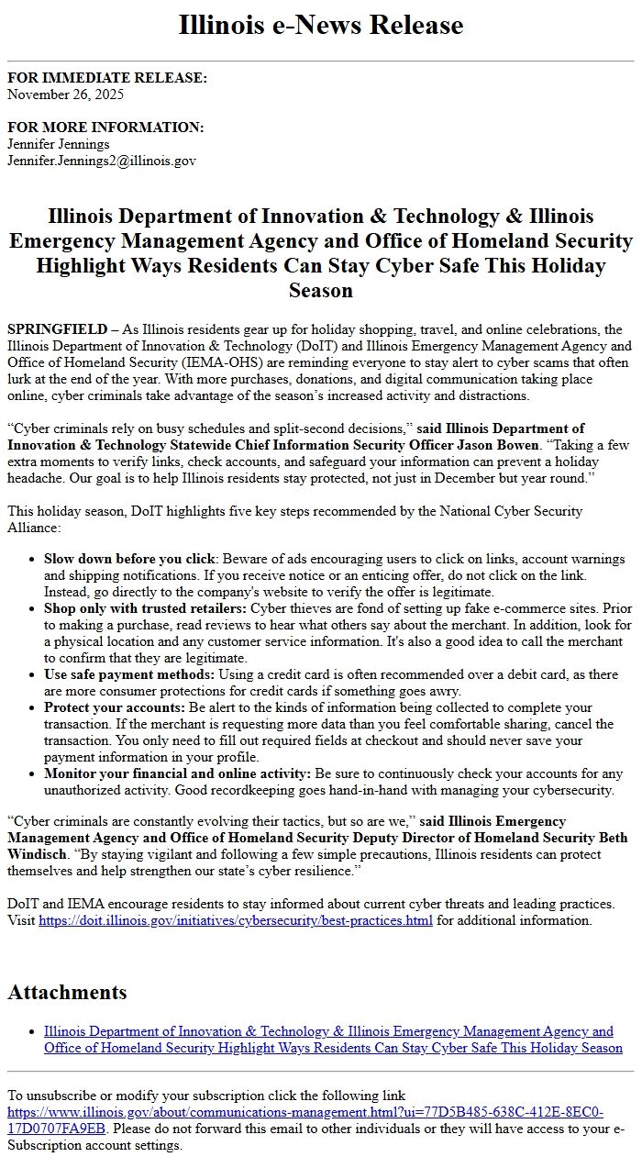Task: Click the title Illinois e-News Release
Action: pyautogui.click(x=320, y=25)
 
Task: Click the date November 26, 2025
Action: pyautogui.click(x=65, y=94)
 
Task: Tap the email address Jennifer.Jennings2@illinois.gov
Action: pyautogui.click(x=102, y=161)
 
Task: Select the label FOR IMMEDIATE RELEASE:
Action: pyautogui.click(x=107, y=78)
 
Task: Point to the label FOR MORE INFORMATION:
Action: pyautogui.click(x=105, y=128)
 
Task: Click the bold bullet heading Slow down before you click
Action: pyautogui.click(x=129, y=559)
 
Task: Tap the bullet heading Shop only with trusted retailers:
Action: pyautogui.click(x=145, y=608)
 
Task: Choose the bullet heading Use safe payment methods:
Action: pyautogui.click(x=129, y=674)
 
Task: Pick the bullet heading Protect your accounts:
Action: pyautogui.click(x=115, y=707)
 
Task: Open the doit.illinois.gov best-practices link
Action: pyautogui.click(x=236, y=920)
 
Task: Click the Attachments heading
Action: pyautogui.click(x=67, y=992)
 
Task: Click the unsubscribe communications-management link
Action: pyautogui.click(x=305, y=1112)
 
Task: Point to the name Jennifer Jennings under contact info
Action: pyautogui.click(x=59, y=144)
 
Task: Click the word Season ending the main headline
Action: pyautogui.click(x=320, y=291)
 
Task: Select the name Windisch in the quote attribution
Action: pyautogui.click(x=32, y=854)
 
